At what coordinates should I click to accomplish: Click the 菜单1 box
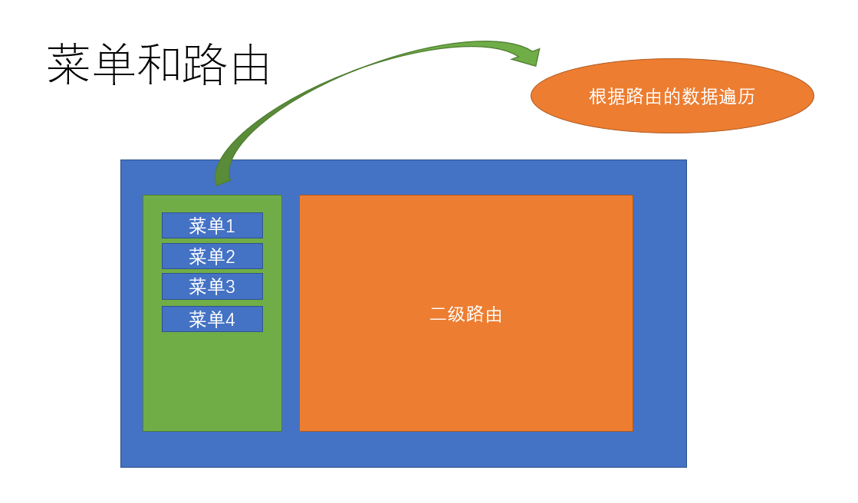(x=212, y=225)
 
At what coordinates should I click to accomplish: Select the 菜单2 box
(x=212, y=256)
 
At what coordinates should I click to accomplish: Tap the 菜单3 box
(x=212, y=286)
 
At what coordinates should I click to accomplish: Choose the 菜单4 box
(x=212, y=319)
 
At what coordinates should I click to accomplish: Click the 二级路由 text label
(x=465, y=314)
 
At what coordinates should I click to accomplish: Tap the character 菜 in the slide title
(x=69, y=65)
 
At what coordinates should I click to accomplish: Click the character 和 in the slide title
(x=159, y=65)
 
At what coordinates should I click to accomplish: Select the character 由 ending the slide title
(x=248, y=65)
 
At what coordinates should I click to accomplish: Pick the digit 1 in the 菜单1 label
(x=230, y=226)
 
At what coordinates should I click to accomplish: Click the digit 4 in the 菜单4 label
(x=230, y=320)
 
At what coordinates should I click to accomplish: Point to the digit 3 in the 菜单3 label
(x=230, y=287)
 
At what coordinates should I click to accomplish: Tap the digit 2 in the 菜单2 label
(x=230, y=257)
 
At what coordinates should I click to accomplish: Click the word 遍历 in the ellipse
(x=737, y=97)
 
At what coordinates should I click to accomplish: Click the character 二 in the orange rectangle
(x=438, y=314)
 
